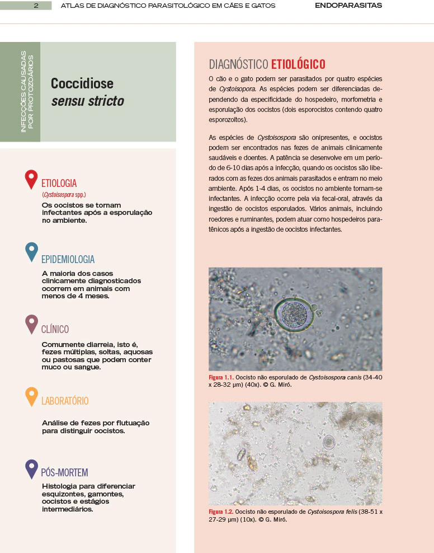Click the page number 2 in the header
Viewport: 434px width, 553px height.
(35, 6)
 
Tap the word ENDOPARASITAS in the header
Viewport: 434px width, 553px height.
(348, 6)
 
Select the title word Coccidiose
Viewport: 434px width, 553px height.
(82, 83)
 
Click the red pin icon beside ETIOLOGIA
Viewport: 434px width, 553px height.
(31, 179)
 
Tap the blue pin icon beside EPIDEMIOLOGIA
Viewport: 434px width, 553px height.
(31, 252)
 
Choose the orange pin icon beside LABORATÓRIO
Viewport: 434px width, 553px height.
(31, 396)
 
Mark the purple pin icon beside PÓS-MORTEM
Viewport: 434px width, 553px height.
(31, 468)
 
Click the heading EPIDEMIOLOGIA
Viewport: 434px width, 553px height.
(68, 259)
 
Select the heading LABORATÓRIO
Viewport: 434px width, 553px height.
(65, 401)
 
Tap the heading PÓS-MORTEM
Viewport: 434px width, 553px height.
(64, 472)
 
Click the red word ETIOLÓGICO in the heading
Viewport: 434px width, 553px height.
(298, 64)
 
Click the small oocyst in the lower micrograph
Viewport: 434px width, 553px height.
(328, 443)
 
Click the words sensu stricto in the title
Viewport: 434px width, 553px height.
(87, 101)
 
